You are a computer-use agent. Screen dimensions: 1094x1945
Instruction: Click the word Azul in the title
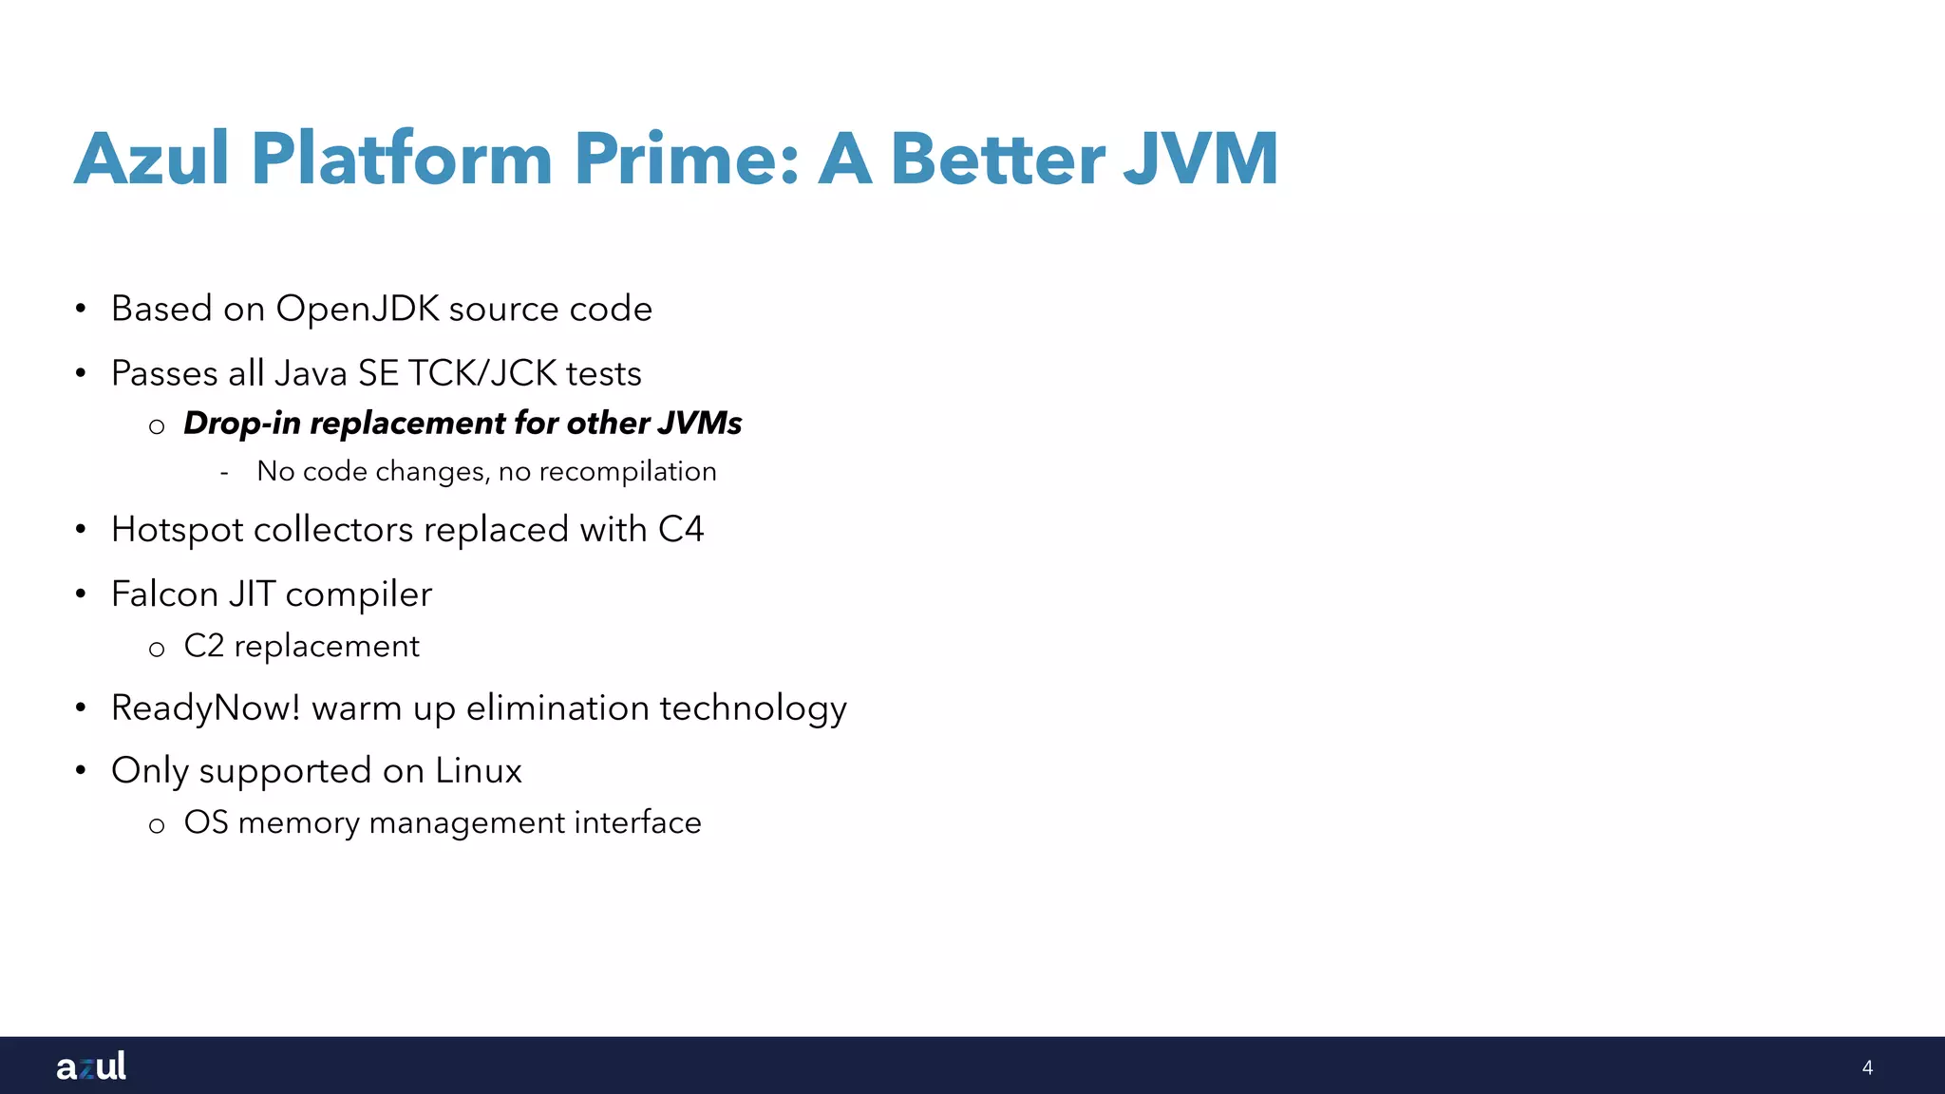[x=152, y=159]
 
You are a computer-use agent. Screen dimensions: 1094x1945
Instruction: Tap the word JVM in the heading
[x=1200, y=159]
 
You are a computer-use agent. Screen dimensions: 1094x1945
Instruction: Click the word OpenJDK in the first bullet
[x=357, y=310]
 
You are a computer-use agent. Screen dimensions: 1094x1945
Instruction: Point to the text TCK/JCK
[x=482, y=373]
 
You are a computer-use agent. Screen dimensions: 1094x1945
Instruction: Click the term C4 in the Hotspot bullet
[x=681, y=530]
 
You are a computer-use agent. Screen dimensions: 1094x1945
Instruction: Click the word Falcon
[x=164, y=594]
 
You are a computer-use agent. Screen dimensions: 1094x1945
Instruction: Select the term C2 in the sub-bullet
[x=203, y=646]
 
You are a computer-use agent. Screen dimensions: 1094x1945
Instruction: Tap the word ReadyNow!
[x=205, y=708]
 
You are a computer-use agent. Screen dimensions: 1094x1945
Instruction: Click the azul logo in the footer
[x=91, y=1066]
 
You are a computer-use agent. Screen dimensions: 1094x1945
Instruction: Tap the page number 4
[x=1867, y=1067]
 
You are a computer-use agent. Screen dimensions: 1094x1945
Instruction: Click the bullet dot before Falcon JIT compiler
[x=82, y=594]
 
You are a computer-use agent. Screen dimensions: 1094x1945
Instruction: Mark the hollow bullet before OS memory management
[x=157, y=825]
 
